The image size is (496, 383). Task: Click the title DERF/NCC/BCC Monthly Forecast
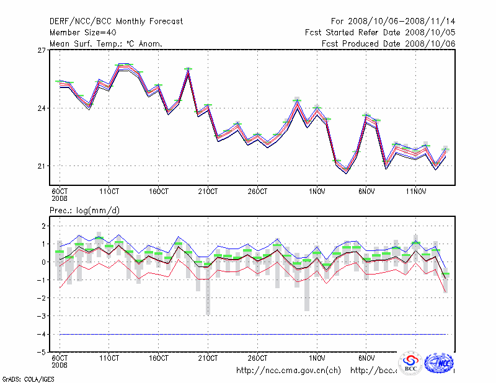click(x=116, y=21)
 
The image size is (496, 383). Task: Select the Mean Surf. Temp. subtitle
click(x=105, y=43)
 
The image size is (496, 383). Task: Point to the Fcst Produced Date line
click(x=388, y=43)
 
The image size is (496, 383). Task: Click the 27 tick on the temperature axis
click(x=43, y=50)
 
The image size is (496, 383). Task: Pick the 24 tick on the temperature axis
click(x=43, y=108)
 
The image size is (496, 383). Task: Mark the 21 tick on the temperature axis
click(x=43, y=165)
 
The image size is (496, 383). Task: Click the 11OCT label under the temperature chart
click(x=109, y=191)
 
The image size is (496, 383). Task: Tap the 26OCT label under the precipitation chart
click(x=257, y=358)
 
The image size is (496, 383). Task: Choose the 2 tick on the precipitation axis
click(x=43, y=226)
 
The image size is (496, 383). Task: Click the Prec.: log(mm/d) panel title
click(x=84, y=211)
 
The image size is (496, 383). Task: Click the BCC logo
click(x=410, y=363)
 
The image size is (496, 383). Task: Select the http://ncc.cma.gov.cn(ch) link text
click(x=288, y=371)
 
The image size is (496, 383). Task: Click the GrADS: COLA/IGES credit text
click(x=24, y=378)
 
